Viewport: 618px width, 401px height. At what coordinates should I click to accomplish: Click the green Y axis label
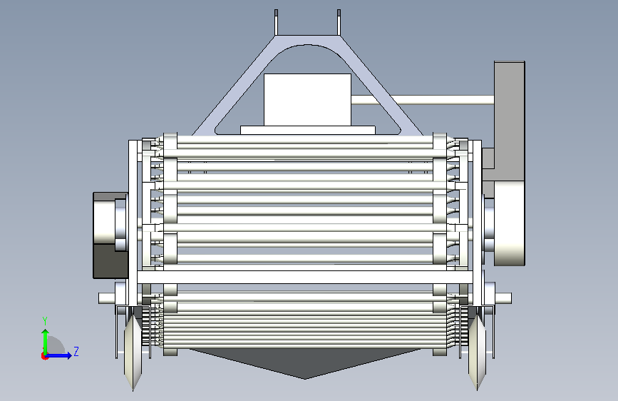pos(45,321)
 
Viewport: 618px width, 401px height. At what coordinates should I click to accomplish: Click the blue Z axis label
pos(76,351)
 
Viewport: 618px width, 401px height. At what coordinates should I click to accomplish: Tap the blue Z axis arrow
pos(59,355)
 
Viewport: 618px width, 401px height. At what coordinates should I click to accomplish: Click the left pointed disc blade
pos(133,351)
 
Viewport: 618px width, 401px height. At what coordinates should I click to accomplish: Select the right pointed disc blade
pos(477,351)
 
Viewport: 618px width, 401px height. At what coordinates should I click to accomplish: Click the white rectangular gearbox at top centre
pos(307,100)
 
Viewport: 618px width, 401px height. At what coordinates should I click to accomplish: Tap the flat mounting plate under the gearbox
pos(308,131)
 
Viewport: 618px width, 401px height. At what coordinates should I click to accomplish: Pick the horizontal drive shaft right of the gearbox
pos(423,100)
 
